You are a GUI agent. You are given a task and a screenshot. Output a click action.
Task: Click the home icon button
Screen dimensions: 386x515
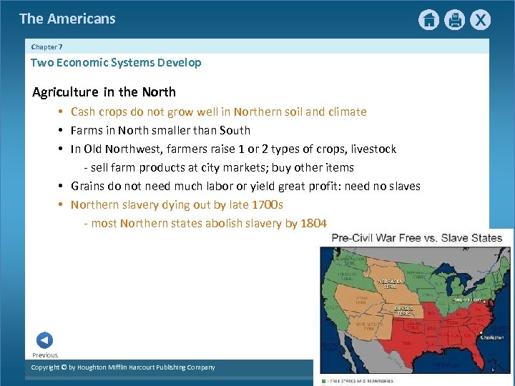(x=428, y=20)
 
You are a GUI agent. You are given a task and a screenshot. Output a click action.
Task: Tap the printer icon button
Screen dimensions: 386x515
(x=454, y=20)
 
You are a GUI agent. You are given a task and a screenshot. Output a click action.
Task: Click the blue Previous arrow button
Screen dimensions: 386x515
(x=44, y=340)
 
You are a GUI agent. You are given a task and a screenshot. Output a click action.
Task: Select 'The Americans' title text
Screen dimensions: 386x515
(x=67, y=19)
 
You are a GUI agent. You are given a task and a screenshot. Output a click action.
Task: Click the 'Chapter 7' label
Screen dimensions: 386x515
(x=46, y=46)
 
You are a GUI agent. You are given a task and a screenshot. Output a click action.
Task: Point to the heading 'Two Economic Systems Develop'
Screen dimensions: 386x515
(x=116, y=62)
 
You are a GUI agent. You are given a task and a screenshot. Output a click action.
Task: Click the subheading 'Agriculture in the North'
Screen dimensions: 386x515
(x=104, y=91)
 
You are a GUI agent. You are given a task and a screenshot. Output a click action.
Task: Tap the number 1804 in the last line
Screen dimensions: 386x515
(x=313, y=223)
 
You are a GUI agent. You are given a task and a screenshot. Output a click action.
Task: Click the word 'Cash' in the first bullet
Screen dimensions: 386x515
(x=83, y=112)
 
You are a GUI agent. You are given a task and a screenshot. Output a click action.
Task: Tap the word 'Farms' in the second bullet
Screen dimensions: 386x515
(x=87, y=130)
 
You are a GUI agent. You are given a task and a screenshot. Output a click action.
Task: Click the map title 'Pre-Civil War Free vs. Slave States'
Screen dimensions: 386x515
(x=416, y=237)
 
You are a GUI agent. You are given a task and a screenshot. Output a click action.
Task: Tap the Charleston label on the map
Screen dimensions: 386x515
(x=491, y=337)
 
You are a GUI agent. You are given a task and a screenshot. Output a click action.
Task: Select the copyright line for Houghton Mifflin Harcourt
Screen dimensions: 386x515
(x=122, y=367)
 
